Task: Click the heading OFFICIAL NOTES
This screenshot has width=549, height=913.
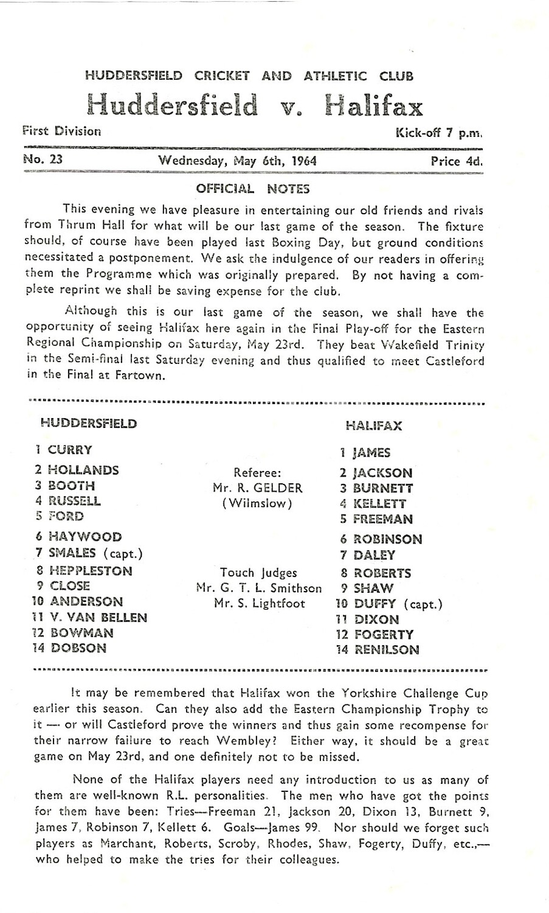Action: pos(252,189)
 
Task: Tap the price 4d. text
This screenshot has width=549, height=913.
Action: pos(457,161)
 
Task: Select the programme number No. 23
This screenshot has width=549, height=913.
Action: pos(43,160)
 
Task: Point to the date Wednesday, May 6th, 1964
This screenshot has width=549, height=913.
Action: pos(237,161)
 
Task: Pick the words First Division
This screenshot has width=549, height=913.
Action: pos(61,131)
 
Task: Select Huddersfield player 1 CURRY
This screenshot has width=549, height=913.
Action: pos(64,450)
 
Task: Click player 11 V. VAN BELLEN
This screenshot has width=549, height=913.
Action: pos(89,617)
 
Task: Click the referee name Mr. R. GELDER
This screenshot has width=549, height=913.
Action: pos(258,488)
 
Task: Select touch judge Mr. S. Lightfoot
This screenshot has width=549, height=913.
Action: pos(259,604)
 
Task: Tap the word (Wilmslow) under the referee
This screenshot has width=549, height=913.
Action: pos(257,504)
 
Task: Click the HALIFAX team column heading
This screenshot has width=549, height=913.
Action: pos(373,426)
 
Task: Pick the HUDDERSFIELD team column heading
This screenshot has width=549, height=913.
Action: pos(89,424)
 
